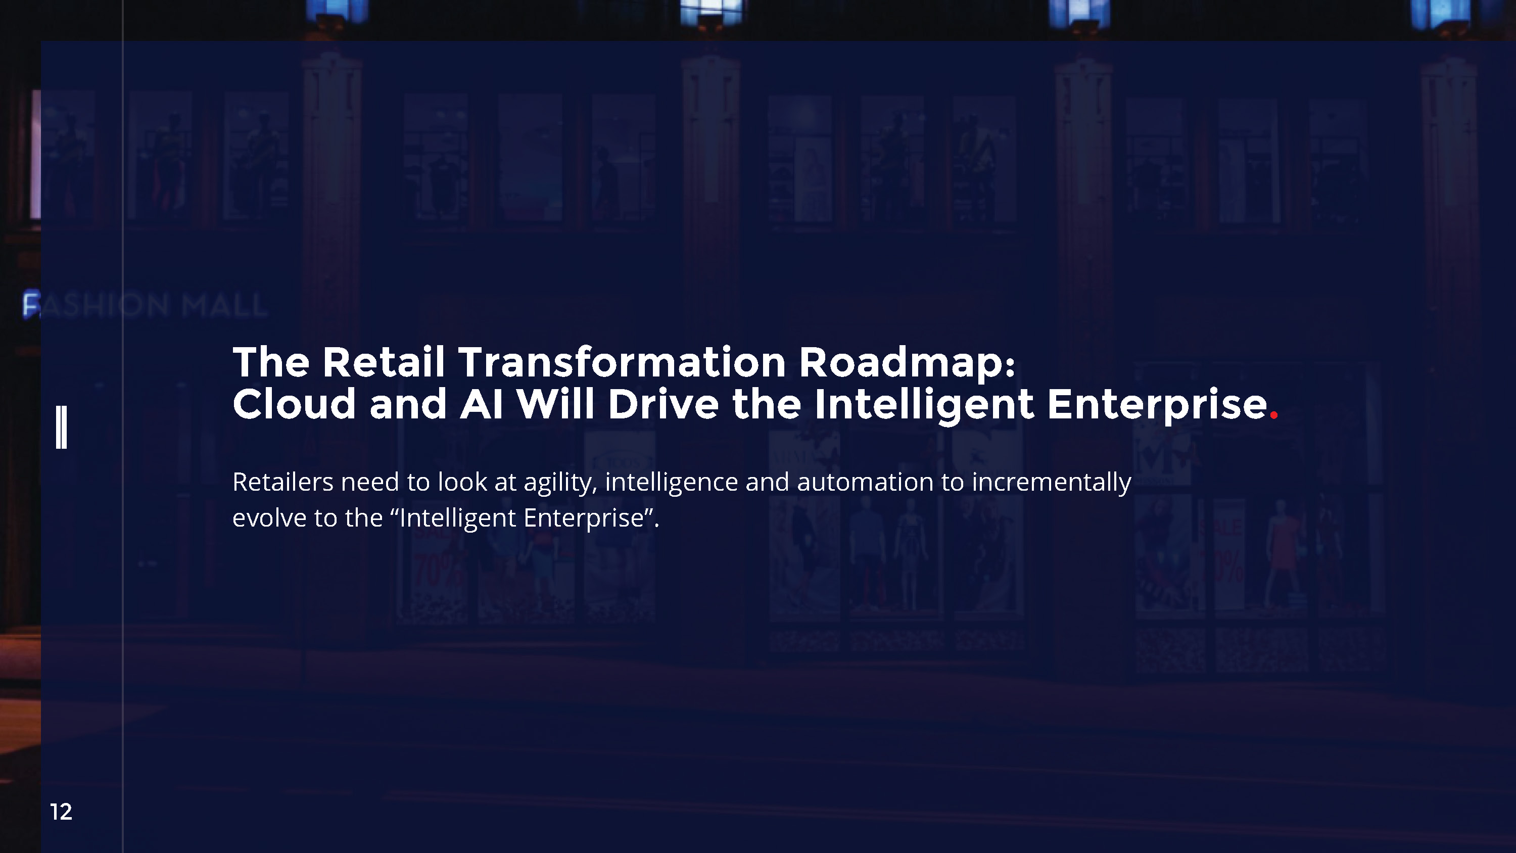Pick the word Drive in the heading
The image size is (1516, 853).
[662, 404]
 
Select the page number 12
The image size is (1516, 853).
[61, 812]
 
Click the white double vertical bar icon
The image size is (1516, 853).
[61, 427]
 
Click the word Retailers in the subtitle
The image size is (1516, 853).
[283, 482]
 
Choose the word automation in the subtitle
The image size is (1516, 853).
[865, 482]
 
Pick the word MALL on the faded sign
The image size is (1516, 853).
[224, 305]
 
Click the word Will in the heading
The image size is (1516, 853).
[555, 404]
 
